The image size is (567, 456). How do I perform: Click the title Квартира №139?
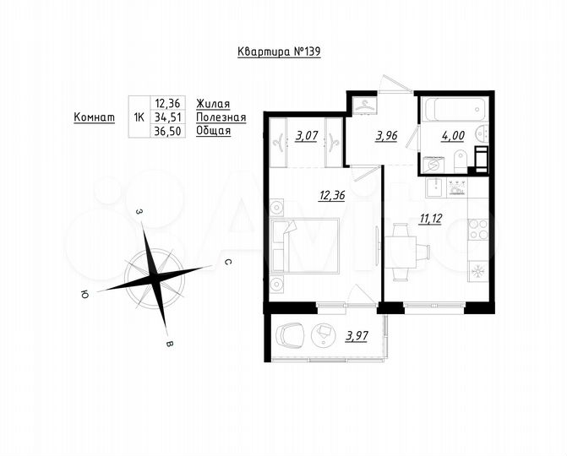(x=279, y=52)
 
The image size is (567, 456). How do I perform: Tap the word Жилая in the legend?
(x=212, y=103)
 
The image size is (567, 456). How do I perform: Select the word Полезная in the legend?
(x=221, y=117)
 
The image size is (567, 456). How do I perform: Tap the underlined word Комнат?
(x=95, y=117)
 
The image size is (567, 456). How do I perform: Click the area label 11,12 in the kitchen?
(x=433, y=218)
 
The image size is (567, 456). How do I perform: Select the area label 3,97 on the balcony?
(x=357, y=338)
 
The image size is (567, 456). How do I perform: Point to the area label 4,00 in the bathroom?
(x=448, y=133)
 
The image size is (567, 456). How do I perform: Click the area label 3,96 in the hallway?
(x=386, y=133)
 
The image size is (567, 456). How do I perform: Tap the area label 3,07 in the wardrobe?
(x=306, y=133)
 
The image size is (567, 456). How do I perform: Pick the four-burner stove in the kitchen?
(x=477, y=230)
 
